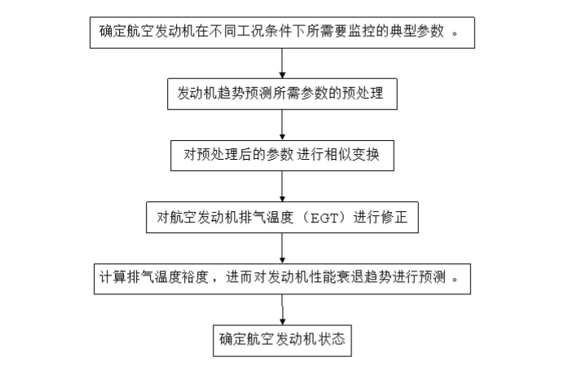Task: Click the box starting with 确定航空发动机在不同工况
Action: coord(281,33)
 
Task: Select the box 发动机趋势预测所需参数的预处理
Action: coord(281,95)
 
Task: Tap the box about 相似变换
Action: coord(281,155)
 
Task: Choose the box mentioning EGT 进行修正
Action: coord(281,217)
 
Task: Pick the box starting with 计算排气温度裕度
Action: coord(281,278)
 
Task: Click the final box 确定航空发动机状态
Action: coord(281,340)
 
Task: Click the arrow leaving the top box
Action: coord(281,64)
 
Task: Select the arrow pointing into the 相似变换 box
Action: coord(281,126)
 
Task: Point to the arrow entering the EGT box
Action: coord(281,187)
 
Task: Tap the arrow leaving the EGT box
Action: coord(281,248)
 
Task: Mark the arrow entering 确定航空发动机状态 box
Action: coord(281,310)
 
